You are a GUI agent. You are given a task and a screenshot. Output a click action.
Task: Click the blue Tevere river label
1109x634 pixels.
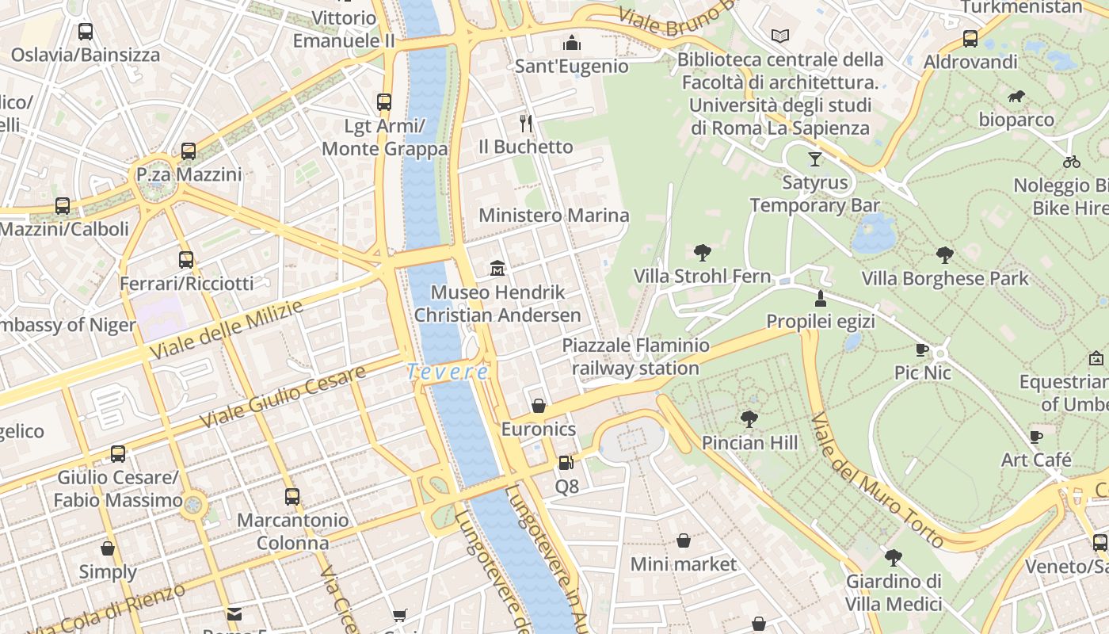448,371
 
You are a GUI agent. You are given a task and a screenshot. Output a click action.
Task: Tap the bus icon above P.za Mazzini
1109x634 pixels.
189,151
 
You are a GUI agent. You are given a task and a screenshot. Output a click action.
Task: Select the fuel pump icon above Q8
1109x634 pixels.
566,463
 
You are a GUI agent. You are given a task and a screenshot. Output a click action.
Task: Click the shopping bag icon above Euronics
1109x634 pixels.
539,406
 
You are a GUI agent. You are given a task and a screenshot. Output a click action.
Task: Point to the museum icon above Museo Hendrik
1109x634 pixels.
497,269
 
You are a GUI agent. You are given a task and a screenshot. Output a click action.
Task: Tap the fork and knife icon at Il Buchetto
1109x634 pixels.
525,123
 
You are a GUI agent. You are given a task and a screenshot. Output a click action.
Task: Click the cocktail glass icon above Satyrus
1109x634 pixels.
814,159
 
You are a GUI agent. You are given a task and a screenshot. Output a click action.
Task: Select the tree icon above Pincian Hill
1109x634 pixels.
749,419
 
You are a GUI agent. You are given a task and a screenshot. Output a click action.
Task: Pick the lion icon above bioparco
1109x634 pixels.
1016,97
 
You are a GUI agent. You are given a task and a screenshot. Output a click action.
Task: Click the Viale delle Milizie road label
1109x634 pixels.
226,330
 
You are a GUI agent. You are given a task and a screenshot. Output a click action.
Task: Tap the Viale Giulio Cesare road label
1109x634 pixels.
283,396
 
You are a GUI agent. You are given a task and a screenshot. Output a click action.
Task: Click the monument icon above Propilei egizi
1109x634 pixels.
821,299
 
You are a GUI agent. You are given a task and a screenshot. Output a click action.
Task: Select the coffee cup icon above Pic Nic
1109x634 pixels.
922,349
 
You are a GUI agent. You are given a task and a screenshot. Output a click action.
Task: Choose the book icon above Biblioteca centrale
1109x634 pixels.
780,36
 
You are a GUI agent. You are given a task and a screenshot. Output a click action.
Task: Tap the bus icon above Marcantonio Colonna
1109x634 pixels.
292,497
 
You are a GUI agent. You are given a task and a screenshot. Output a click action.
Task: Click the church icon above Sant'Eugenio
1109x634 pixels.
571,43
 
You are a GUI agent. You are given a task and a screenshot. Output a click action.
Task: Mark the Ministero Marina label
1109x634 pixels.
554,216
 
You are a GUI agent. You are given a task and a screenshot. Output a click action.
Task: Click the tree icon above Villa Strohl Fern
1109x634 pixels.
702,253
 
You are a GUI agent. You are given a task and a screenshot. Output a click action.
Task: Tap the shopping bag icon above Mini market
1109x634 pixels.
683,540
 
